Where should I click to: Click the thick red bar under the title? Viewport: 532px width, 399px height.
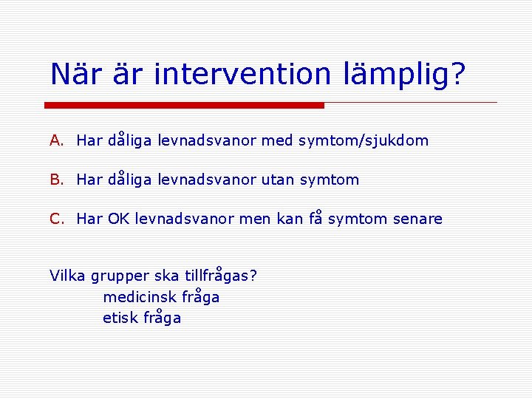click(x=185, y=105)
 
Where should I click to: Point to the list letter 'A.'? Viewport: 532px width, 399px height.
click(x=58, y=140)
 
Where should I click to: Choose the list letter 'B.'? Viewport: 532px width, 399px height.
click(x=58, y=180)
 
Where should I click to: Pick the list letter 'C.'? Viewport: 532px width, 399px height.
click(x=58, y=219)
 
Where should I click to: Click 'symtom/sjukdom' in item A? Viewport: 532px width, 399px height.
click(x=364, y=141)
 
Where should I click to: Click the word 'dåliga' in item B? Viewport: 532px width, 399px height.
click(x=130, y=180)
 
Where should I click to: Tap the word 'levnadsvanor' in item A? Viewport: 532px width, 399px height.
click(x=208, y=140)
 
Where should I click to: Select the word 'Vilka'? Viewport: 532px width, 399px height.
click(x=67, y=276)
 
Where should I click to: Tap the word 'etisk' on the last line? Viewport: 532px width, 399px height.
click(x=120, y=318)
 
